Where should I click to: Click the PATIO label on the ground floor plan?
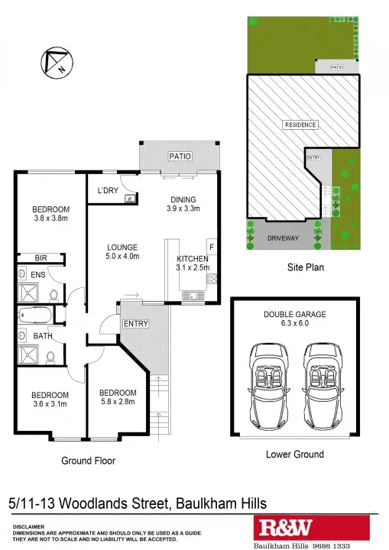pyautogui.click(x=180, y=157)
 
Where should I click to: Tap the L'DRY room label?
pyautogui.click(x=108, y=191)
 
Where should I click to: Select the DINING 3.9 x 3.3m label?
pyautogui.click(x=183, y=204)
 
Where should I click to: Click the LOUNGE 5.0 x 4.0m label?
pyautogui.click(x=122, y=252)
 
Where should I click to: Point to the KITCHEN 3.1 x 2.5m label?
pyautogui.click(x=193, y=263)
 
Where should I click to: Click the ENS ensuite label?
pyautogui.click(x=37, y=273)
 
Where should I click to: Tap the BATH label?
pyautogui.click(x=42, y=335)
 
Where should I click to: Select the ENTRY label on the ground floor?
pyautogui.click(x=136, y=324)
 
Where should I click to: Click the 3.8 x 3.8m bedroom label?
pyautogui.click(x=50, y=215)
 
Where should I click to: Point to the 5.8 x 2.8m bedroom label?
pyautogui.click(x=118, y=397)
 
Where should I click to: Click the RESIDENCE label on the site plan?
pyautogui.click(x=300, y=125)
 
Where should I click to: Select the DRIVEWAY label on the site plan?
pyautogui.click(x=284, y=238)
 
